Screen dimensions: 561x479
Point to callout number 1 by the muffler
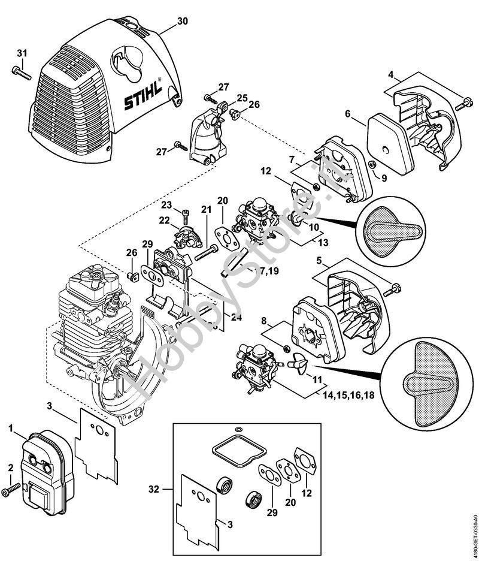click(x=11, y=428)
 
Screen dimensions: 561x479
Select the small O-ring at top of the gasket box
click(x=238, y=430)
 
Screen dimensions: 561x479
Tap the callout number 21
click(x=206, y=209)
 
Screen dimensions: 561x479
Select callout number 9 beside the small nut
click(x=384, y=178)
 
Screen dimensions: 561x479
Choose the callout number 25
click(x=241, y=98)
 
